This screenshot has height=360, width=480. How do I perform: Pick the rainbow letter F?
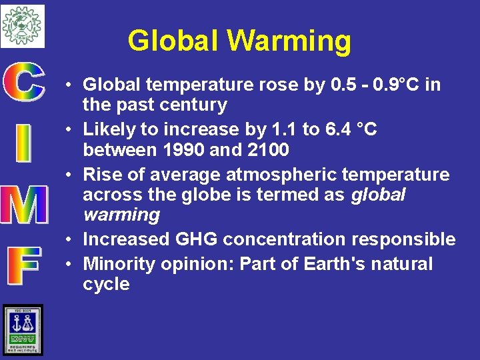(23, 265)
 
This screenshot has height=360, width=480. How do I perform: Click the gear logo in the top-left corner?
(22, 25)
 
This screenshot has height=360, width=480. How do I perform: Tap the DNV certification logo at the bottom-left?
(23, 330)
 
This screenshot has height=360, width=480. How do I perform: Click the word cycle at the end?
(106, 284)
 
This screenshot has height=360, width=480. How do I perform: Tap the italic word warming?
(121, 215)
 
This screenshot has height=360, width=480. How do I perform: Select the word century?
(195, 105)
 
